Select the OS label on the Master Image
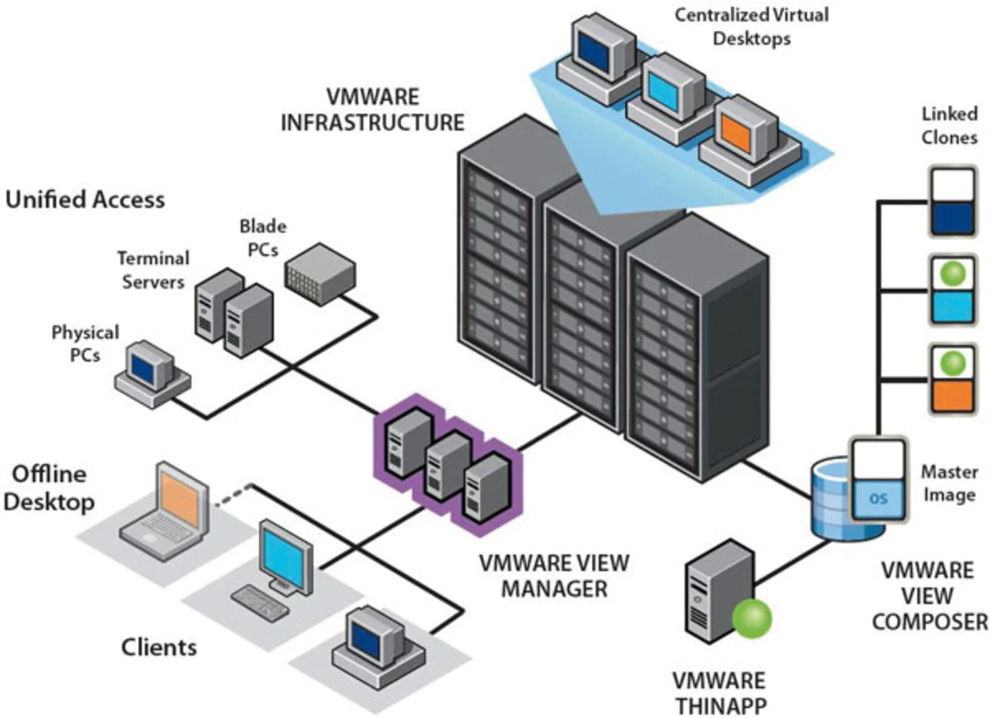(878, 499)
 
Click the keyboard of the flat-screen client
(261, 600)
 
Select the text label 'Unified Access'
(85, 200)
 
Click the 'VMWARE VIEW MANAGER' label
(554, 576)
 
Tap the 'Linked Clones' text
(949, 126)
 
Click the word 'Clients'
(159, 646)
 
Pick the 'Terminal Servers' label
(152, 270)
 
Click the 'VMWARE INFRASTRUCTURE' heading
(372, 110)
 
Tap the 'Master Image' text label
(949, 484)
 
